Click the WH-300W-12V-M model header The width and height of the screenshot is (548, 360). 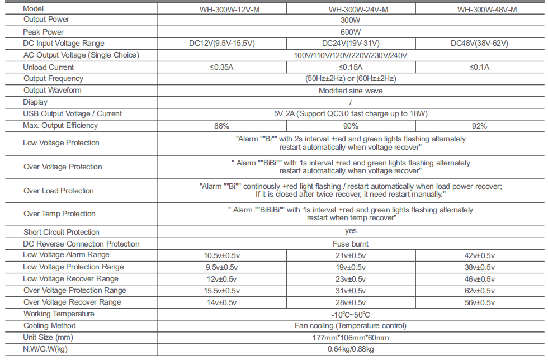click(221, 10)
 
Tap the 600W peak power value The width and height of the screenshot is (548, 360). click(351, 32)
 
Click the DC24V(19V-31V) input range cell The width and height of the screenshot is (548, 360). click(351, 44)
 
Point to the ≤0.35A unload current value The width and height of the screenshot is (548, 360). click(221, 68)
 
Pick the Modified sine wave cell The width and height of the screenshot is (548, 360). click(351, 91)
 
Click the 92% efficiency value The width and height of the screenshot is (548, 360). click(479, 126)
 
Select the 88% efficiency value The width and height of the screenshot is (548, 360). click(221, 126)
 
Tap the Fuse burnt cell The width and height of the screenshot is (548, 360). click(351, 244)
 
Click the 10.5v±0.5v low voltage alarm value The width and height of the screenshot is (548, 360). click(221, 255)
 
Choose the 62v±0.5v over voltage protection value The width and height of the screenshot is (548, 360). click(479, 291)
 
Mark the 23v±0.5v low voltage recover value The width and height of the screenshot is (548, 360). click(351, 279)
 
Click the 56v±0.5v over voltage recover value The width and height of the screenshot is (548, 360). click(479, 302)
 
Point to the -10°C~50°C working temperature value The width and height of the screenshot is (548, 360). click(351, 315)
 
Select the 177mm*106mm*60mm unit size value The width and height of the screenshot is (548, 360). click(351, 338)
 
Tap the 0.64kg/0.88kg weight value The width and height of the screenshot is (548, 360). click(351, 349)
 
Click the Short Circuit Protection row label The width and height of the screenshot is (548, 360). click(61, 232)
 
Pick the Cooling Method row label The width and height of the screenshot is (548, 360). click(49, 326)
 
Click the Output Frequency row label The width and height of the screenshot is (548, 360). click(53, 79)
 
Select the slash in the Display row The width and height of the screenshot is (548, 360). click(351, 102)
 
